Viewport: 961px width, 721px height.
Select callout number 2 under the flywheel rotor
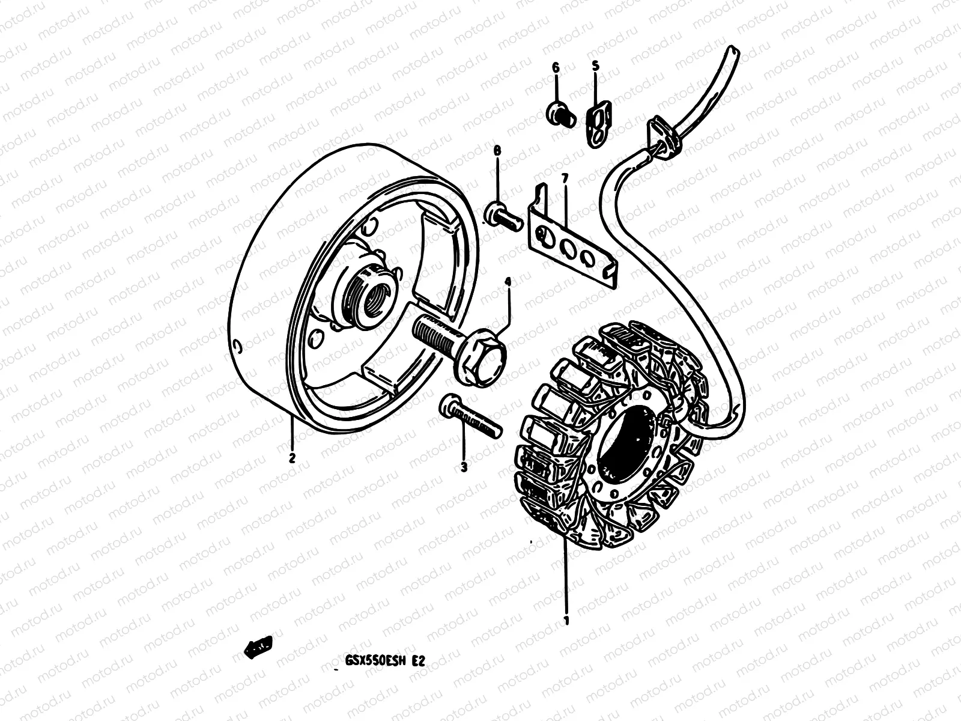292,458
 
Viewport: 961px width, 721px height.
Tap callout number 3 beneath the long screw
464,466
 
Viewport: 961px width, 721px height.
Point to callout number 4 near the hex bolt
508,282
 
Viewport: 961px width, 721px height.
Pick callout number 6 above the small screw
556,68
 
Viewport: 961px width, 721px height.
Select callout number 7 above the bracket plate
565,178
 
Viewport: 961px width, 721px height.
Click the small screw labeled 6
558,112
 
